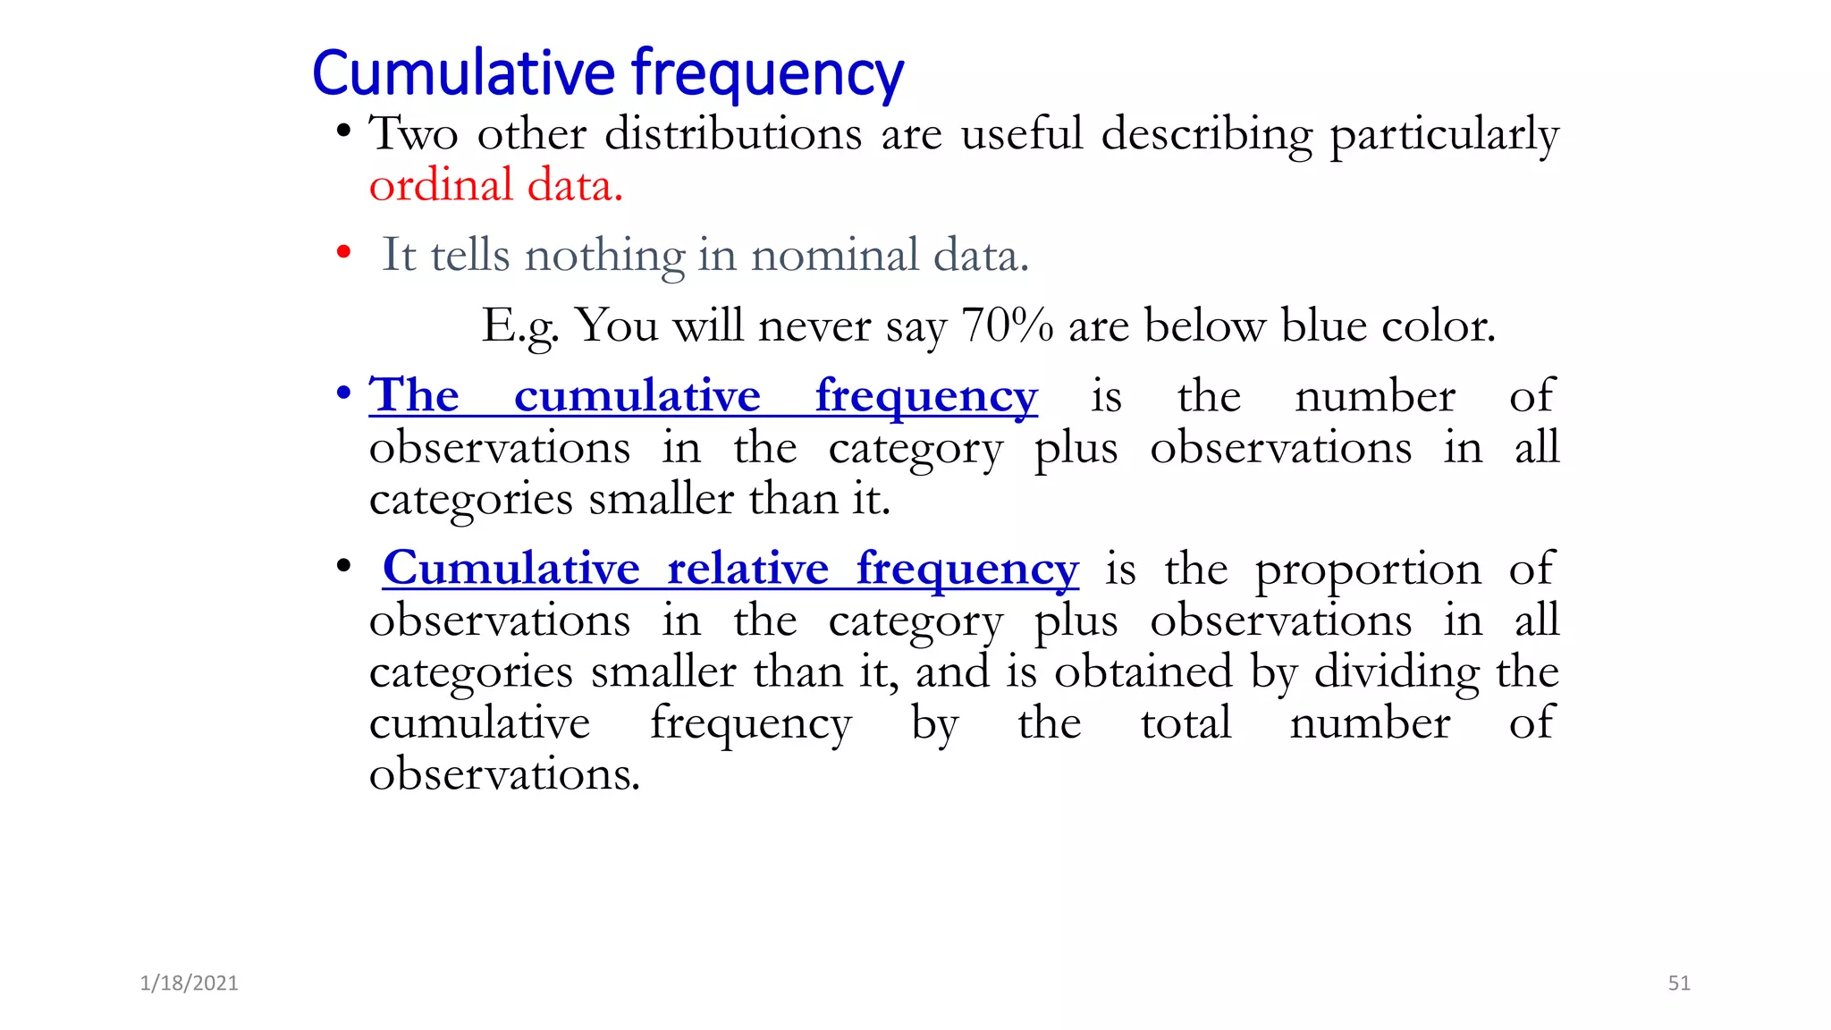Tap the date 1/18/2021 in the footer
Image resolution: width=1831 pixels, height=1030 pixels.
coord(189,984)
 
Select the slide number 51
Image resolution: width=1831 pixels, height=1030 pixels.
coord(1679,984)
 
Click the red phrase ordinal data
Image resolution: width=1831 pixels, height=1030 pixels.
coord(495,186)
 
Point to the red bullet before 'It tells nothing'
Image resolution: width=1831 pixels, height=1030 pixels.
coord(343,253)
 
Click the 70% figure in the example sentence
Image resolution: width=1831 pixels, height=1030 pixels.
coord(1007,325)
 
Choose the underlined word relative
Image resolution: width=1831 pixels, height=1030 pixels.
coord(747,569)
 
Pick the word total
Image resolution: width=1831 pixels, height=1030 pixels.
coord(1186,722)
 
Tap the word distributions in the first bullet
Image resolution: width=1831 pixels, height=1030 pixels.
coord(733,134)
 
